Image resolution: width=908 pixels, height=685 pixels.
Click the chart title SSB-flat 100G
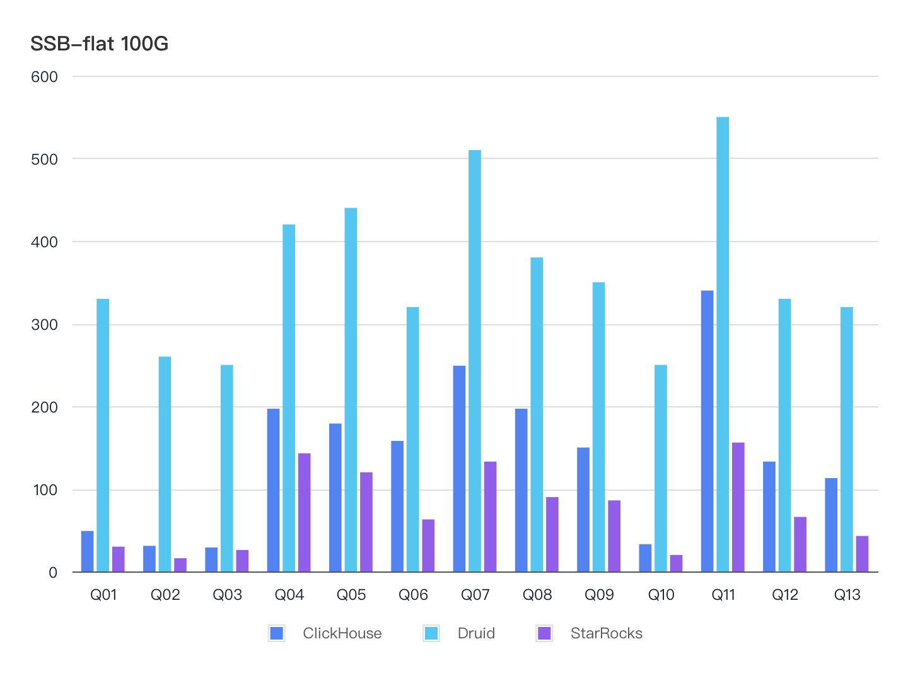pos(100,44)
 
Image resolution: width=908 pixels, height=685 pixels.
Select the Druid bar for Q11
pos(723,344)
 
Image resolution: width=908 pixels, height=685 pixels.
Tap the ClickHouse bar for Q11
pos(707,431)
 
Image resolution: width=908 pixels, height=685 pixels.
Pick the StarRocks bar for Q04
pos(304,513)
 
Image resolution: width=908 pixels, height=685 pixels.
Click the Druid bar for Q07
pos(475,361)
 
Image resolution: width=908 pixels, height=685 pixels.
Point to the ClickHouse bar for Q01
pos(88,551)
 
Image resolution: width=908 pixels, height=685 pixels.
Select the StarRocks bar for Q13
pos(862,554)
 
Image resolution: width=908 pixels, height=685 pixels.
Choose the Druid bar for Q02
pos(165,464)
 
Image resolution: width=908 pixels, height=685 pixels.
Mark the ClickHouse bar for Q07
pos(459,469)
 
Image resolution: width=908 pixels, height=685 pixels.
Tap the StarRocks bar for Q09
pos(614,536)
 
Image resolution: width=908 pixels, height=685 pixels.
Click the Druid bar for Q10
pos(661,468)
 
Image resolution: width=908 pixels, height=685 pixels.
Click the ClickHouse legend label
pos(342,633)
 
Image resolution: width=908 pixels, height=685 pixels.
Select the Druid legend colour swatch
pos(431,633)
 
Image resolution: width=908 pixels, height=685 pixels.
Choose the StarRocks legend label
pos(606,633)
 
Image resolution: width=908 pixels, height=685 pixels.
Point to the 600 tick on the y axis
pos(44,77)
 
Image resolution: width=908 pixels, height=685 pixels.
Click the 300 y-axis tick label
pos(44,325)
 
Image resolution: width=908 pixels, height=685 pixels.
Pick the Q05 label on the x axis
pos(351,595)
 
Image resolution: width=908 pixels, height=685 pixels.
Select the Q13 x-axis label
pos(847,595)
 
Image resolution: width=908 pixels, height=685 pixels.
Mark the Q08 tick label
pos(537,595)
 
